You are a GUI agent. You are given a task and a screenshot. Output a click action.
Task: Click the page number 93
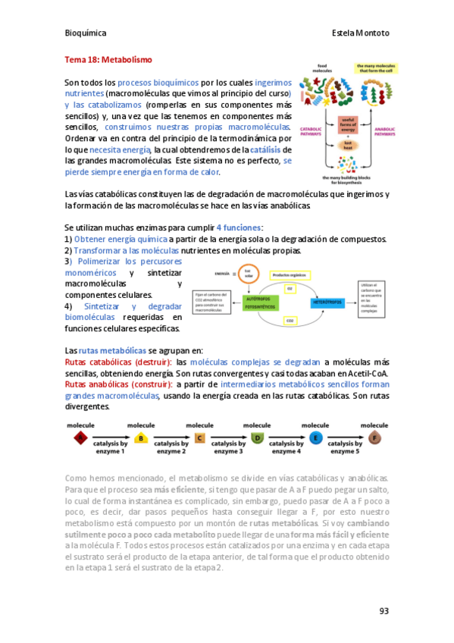click(x=384, y=611)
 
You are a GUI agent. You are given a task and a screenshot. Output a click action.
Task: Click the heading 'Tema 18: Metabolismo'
click(x=108, y=58)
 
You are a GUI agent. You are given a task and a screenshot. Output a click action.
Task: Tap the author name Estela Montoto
click(x=360, y=33)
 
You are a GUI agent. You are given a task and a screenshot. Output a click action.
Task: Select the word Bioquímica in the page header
click(x=86, y=33)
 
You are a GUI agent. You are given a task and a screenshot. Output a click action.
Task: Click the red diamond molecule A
click(x=78, y=438)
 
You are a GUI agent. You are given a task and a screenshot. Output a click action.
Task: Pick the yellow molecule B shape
click(x=139, y=438)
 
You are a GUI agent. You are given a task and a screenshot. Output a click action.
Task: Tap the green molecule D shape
click(x=257, y=438)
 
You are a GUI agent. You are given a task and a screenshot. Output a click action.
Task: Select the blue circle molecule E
click(x=316, y=438)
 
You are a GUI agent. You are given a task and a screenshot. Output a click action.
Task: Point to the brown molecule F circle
click(x=375, y=438)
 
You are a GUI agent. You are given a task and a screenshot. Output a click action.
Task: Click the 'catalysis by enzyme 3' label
click(x=228, y=447)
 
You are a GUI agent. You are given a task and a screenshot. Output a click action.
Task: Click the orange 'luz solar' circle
click(x=247, y=273)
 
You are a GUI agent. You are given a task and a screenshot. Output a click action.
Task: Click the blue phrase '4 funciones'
click(x=240, y=227)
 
